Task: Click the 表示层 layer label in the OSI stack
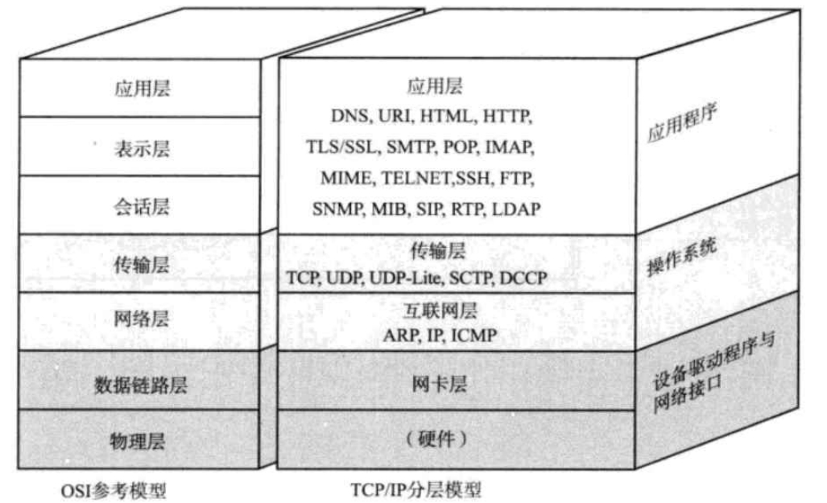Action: [x=142, y=150]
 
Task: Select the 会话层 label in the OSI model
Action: [x=142, y=208]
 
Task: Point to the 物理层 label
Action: [x=141, y=441]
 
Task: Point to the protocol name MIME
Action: [x=343, y=177]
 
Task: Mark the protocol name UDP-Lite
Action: [x=399, y=278]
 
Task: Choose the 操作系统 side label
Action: [x=682, y=260]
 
